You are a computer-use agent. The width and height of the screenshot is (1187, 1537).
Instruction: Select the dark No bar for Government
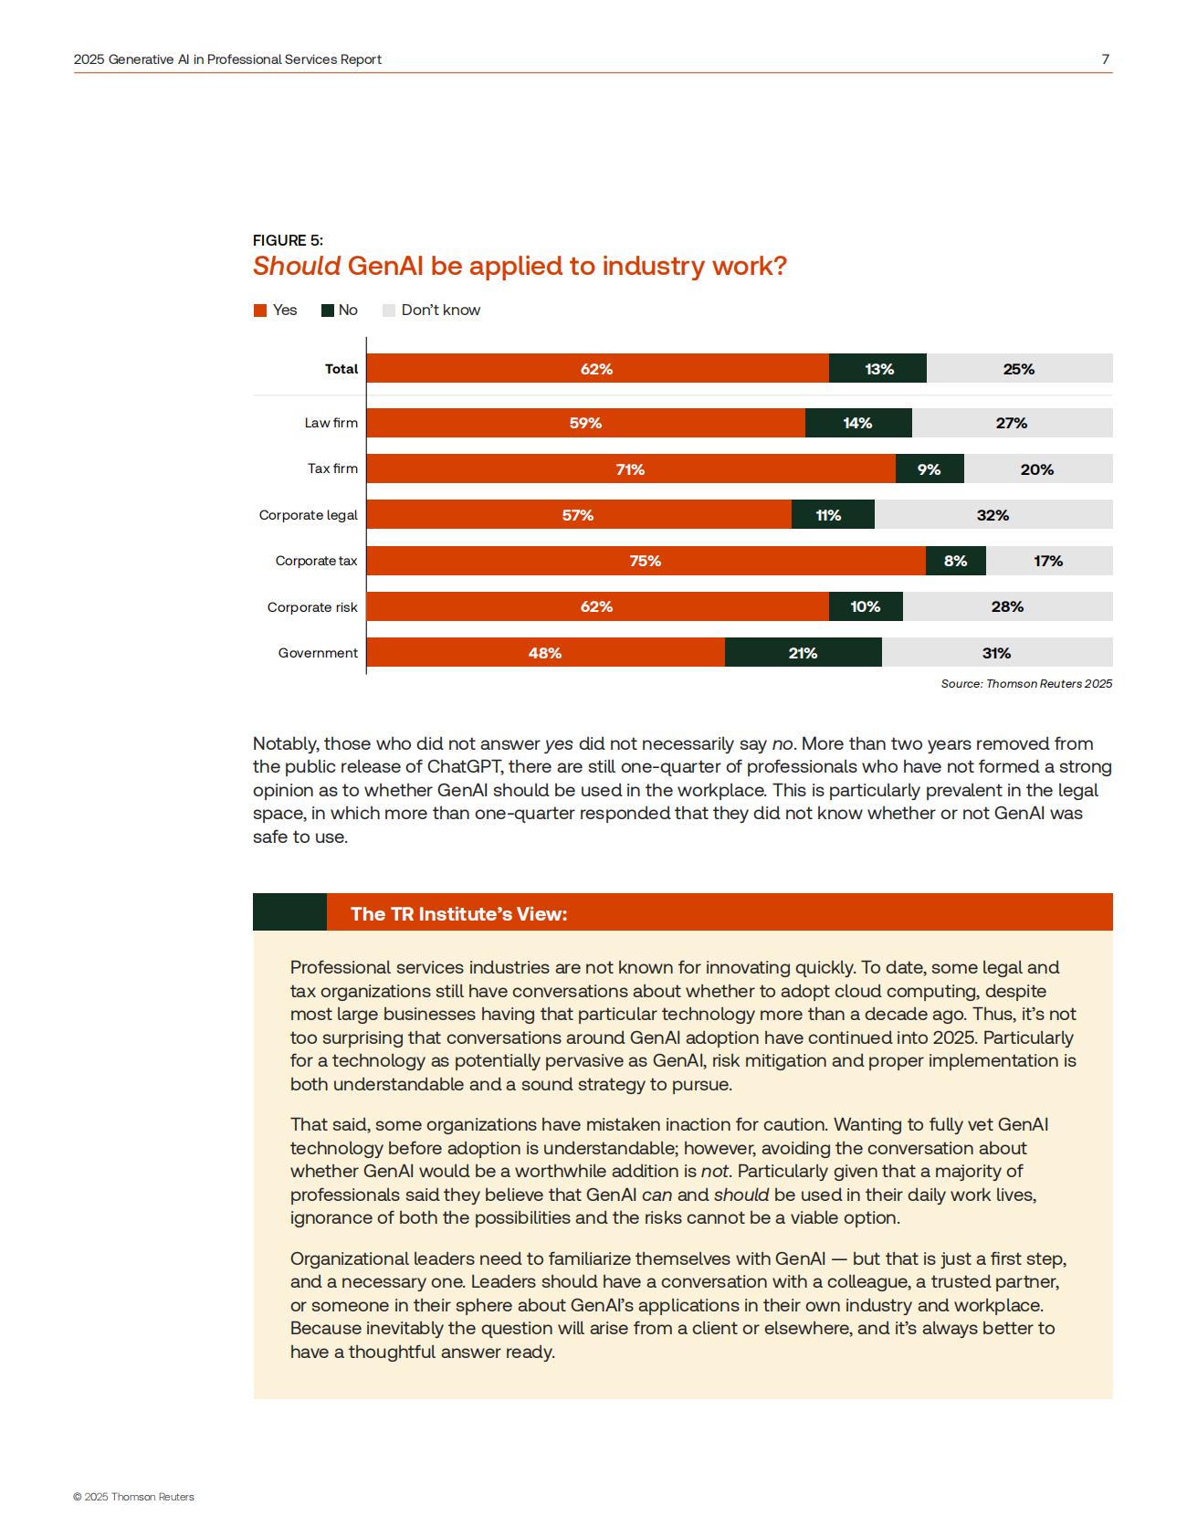coord(803,653)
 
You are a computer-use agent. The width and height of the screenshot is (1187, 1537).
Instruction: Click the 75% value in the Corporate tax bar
coord(645,561)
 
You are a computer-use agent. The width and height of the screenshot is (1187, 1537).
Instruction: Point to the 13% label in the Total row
coord(879,369)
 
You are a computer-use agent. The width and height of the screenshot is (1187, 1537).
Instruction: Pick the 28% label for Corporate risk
coord(1007,606)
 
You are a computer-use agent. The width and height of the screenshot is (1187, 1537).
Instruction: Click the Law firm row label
coord(331,423)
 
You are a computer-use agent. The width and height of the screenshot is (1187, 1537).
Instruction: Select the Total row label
coord(341,369)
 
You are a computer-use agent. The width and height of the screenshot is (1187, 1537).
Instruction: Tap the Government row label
coord(318,653)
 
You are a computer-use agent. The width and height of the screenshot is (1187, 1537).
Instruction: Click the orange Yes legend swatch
coord(260,311)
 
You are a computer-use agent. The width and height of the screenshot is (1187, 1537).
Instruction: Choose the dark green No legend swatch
coord(328,311)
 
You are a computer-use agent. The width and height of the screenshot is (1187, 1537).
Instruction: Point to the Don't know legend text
coord(440,311)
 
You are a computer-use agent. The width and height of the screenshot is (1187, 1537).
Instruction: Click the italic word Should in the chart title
coord(296,266)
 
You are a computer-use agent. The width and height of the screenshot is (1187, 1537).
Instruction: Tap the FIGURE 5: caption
coord(288,240)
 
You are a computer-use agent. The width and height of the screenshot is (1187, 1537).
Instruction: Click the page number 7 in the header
coord(1105,59)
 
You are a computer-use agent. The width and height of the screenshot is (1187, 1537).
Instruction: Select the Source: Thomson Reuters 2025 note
coord(1026,683)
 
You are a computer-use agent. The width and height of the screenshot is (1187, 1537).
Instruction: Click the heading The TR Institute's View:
coord(458,914)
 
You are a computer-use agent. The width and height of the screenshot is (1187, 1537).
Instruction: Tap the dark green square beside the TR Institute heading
coord(289,912)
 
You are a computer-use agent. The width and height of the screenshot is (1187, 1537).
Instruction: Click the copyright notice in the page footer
coord(133,1497)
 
